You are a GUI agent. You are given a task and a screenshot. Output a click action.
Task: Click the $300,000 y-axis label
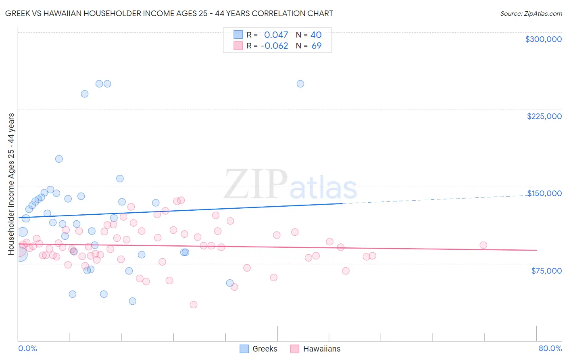[543, 39]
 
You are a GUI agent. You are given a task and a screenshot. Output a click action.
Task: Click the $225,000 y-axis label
[544, 116]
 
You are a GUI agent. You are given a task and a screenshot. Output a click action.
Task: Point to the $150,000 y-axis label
[544, 193]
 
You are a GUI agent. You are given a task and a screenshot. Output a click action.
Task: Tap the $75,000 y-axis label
[546, 271]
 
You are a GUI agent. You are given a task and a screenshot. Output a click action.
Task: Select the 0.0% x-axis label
[27, 349]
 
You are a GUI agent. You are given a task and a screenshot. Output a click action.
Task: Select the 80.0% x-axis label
[550, 349]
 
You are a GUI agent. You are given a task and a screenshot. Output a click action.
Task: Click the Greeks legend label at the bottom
[265, 349]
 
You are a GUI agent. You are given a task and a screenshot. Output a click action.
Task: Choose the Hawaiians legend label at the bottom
[321, 349]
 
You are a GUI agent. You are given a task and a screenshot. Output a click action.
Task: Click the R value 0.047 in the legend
[276, 35]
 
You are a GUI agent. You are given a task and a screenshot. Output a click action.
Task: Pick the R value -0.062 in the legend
[274, 46]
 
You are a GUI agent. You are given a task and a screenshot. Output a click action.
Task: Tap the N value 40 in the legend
[316, 35]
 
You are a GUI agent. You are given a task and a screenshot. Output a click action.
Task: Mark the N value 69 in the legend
[317, 46]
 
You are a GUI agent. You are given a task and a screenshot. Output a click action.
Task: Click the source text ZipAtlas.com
[531, 14]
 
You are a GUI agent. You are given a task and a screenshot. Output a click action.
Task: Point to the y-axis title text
[11, 184]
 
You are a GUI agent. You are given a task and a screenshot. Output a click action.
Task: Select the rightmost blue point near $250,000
[300, 84]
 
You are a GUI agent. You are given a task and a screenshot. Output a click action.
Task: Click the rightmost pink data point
[483, 245]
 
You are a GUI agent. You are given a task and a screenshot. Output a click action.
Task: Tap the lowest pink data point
[194, 305]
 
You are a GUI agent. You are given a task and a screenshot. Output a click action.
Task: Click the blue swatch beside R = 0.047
[238, 35]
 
